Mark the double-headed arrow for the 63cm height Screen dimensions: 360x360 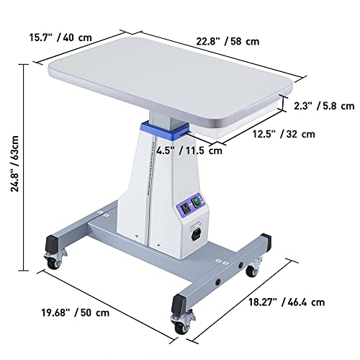(x=26, y=162)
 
